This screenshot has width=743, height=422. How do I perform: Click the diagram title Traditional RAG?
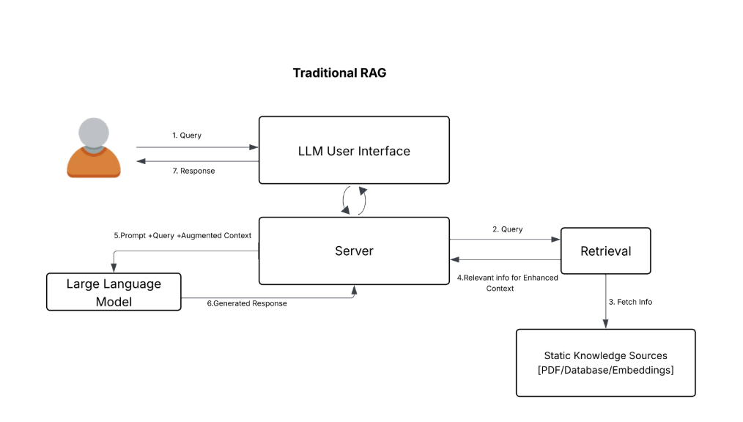pos(339,73)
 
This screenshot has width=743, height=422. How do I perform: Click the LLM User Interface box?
pos(354,150)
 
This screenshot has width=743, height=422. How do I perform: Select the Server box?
pos(354,251)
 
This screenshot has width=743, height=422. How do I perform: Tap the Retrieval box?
pos(605,251)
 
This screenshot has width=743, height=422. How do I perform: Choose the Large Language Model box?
pos(114,292)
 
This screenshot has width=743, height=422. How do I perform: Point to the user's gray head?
pos(94,133)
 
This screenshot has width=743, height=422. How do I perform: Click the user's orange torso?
pos(94,163)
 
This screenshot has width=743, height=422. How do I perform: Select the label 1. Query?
pos(187,136)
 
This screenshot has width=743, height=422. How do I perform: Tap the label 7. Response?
pos(193,171)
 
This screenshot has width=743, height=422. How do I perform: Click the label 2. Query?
pos(507,229)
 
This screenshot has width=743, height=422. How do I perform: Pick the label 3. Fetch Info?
pos(631,302)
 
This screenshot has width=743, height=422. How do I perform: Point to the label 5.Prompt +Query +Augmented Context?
pos(182,236)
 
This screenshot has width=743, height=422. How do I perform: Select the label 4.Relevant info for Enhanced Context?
pos(507,283)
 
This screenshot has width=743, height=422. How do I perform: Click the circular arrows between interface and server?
pos(354,200)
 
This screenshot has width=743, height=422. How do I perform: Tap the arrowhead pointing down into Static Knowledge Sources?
pos(605,325)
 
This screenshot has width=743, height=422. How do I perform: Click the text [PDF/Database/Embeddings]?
pos(605,370)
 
